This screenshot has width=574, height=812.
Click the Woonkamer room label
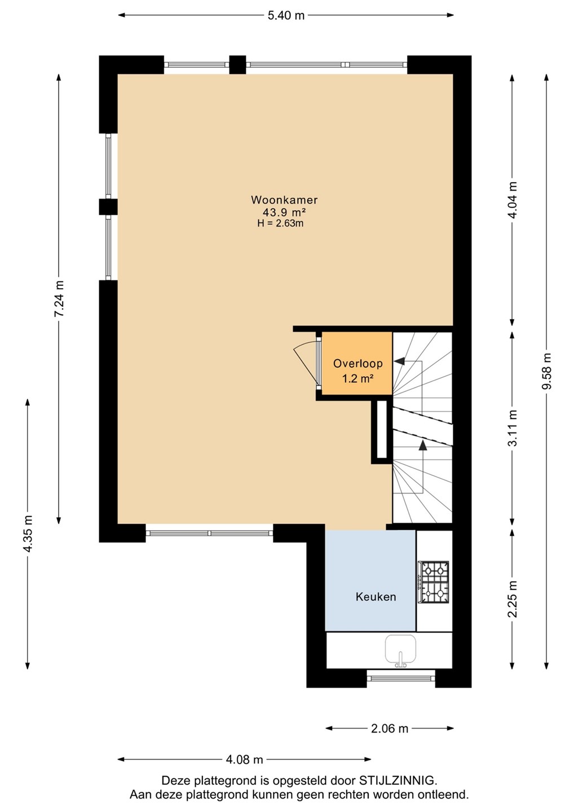[x=284, y=200]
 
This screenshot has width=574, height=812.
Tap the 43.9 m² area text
[x=285, y=211]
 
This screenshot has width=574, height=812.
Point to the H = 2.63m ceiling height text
[x=280, y=223]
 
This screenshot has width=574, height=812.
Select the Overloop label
[x=357, y=363]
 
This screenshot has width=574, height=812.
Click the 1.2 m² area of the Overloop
[x=358, y=379]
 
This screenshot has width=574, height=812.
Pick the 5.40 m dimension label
[x=285, y=16]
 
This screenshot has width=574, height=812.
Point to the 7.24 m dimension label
[x=59, y=299]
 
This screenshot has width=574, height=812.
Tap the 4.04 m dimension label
[x=513, y=200]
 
